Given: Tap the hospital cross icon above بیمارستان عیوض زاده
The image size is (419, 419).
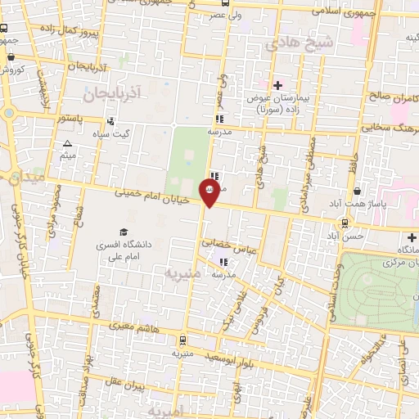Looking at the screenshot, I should (x=277, y=84).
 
